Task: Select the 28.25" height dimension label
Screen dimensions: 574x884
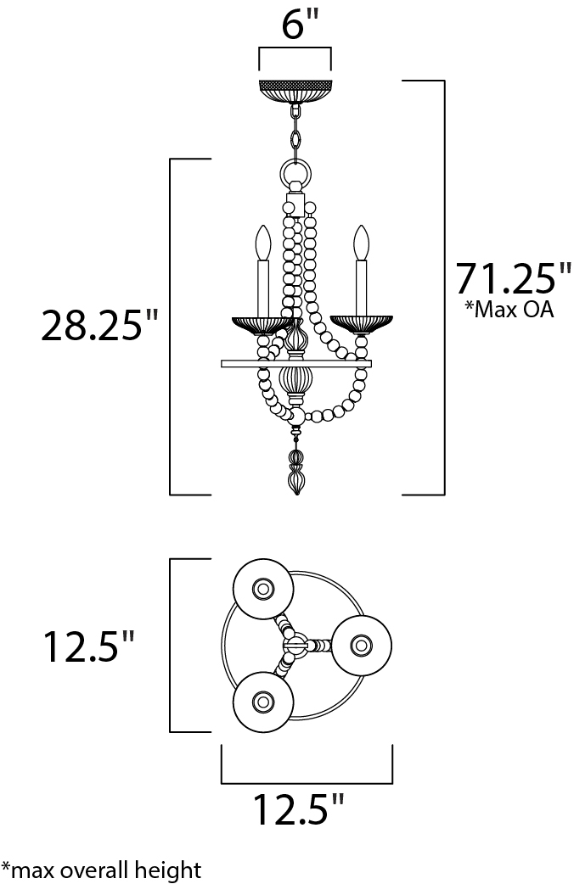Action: tap(98, 325)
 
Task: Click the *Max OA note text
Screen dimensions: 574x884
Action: tap(509, 310)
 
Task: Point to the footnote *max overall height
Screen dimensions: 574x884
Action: tap(101, 870)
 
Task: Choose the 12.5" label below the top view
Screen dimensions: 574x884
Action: tap(298, 809)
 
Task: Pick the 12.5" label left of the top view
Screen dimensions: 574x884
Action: tap(88, 646)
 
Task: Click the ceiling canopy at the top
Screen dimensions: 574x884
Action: tap(295, 92)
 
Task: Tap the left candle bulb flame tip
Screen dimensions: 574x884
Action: tap(262, 226)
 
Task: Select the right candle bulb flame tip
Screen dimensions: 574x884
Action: tap(361, 226)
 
